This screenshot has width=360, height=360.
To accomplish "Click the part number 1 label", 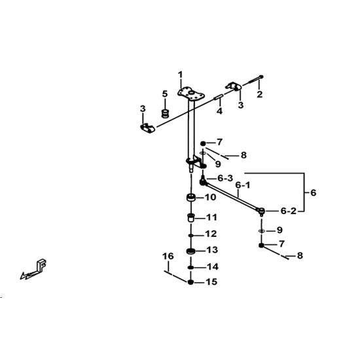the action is click(x=181, y=75).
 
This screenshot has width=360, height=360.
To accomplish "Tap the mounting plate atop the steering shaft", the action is click(x=191, y=94).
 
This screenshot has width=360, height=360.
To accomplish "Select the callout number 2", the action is click(x=259, y=94).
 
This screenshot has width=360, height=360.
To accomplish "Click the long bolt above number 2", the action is click(x=253, y=81).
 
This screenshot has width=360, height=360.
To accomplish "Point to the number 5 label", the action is click(x=165, y=94).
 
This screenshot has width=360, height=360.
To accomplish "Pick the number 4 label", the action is click(x=220, y=111).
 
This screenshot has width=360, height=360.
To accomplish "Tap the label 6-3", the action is click(x=225, y=178).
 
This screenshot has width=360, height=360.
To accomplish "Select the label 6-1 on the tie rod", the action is click(x=243, y=185).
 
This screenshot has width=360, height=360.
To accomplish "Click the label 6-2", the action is click(x=289, y=211).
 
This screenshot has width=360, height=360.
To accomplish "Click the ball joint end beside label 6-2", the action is click(x=261, y=211).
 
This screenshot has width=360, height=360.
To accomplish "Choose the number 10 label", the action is click(x=210, y=197).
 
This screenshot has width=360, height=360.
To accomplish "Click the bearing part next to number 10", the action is click(x=190, y=198).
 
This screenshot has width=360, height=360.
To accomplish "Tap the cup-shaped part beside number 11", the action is click(x=190, y=218).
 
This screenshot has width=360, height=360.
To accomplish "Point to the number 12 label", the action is click(x=211, y=234).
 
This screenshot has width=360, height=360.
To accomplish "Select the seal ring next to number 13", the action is click(x=190, y=251).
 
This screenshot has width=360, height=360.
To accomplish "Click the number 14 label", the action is click(x=212, y=267).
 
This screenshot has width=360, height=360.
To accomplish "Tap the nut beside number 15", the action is click(x=190, y=282).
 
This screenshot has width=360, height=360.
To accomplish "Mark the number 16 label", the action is click(x=168, y=256).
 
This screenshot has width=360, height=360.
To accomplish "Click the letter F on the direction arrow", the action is click(x=42, y=264).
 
